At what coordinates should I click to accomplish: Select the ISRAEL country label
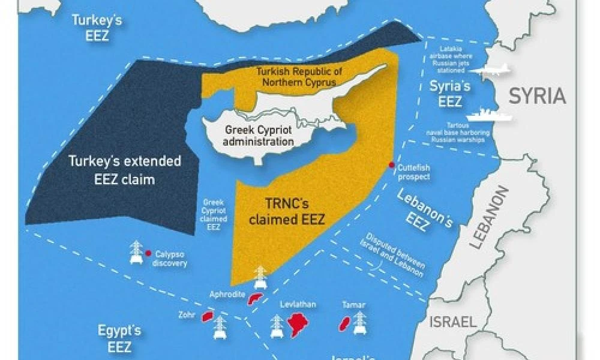pyautogui.click(x=452, y=321)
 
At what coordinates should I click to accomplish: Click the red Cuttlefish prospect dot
pyautogui.click(x=392, y=165)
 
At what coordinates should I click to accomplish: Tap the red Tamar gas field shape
pyautogui.click(x=345, y=325)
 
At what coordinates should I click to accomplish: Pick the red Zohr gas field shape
pyautogui.click(x=207, y=316)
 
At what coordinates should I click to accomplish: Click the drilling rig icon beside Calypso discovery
pyautogui.click(x=136, y=252)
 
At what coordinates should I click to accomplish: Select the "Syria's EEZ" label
pyautogui.click(x=450, y=94)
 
